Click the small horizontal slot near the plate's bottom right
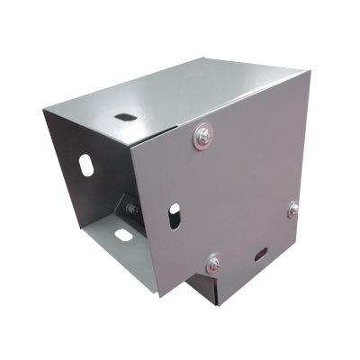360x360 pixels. coord(261,253)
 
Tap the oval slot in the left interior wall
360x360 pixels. coord(86,166)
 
